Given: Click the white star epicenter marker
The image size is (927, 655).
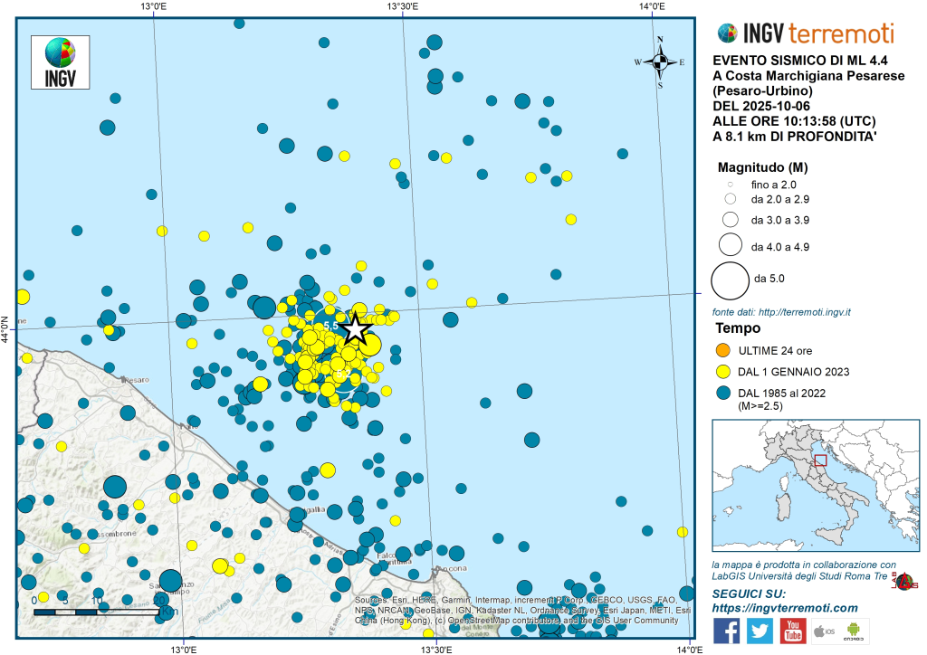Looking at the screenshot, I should [355, 327].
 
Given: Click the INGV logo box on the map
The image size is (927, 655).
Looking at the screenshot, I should [60, 62].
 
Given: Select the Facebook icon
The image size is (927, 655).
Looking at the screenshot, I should [726, 631].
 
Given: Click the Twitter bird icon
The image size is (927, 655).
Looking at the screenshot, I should [760, 631].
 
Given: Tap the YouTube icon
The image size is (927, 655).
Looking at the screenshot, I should [793, 631].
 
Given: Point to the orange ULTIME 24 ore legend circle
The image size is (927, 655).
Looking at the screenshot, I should [723, 350].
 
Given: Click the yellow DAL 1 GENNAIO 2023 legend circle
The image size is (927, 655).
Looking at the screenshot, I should [723, 372].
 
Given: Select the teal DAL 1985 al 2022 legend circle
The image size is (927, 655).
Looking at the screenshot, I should [723, 394].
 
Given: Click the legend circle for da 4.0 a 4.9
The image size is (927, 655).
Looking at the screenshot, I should [729, 245].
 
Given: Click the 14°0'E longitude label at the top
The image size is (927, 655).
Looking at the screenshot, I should [652, 7].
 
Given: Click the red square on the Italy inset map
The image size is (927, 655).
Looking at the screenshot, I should [820, 460].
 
